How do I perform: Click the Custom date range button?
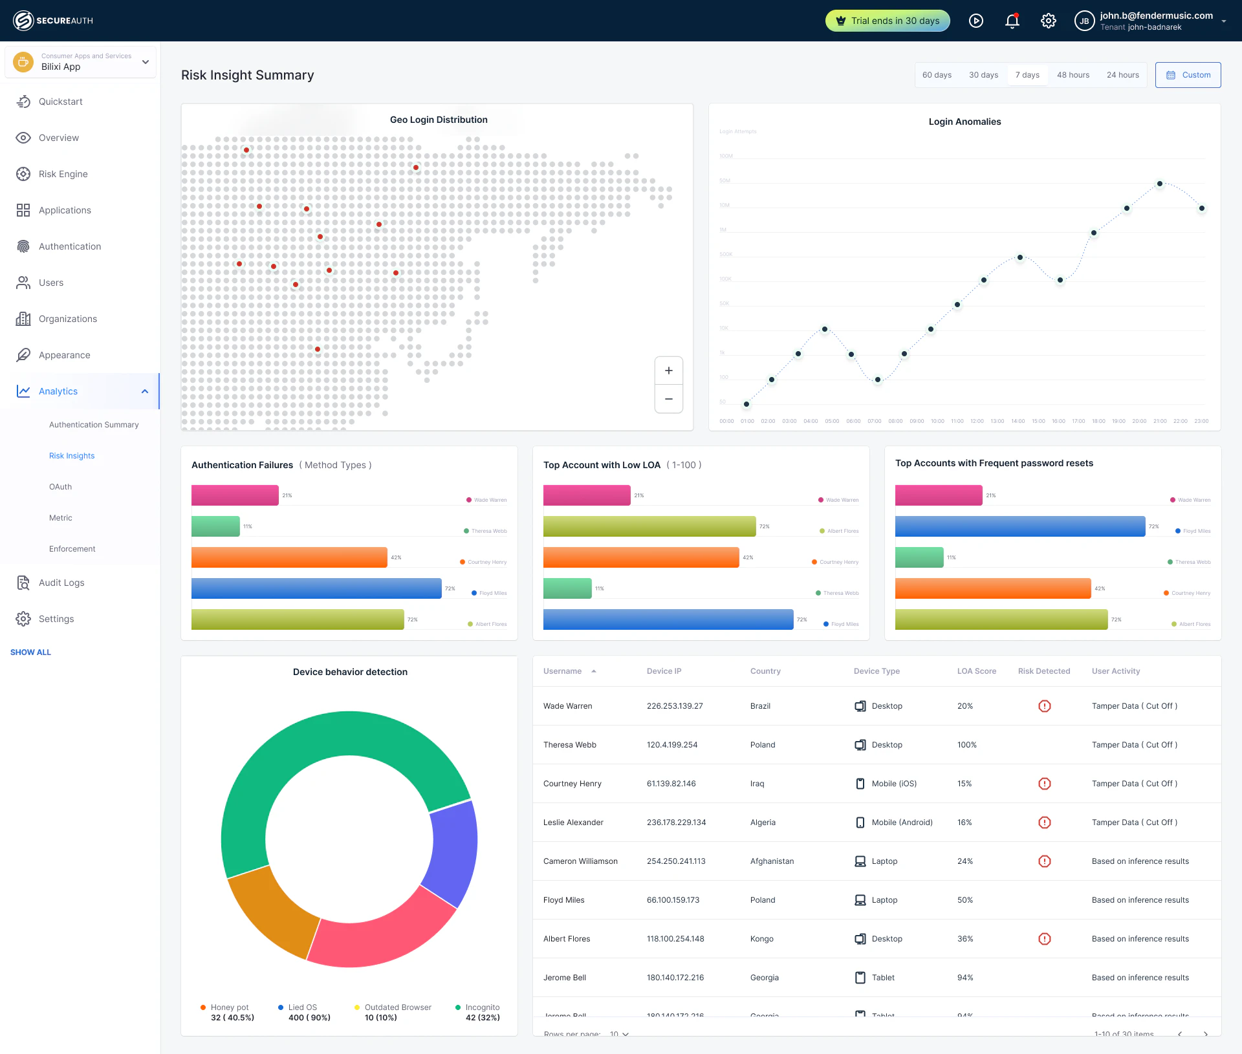1188,75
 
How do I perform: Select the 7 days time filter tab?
1027,75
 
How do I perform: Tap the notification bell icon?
1012,21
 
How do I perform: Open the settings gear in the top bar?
1049,21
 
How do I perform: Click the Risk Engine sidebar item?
63,174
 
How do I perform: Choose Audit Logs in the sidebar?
61,583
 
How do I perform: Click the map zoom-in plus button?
669,371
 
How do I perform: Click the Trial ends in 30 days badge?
888,21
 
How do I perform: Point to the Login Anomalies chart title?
964,122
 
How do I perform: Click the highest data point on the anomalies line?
1160,184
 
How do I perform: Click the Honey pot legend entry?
229,1007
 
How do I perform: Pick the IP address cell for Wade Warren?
675,706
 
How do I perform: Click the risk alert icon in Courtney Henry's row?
1044,784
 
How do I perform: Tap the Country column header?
765,671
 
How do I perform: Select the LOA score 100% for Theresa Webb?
967,745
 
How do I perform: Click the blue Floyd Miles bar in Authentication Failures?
316,588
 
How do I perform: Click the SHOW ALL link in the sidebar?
30,652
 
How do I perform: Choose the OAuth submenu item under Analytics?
60,487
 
